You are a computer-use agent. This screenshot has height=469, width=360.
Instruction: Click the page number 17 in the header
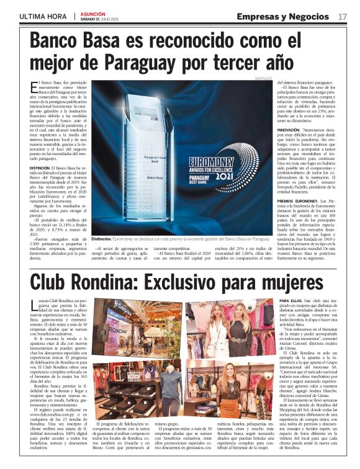pyautogui.click(x=342, y=16)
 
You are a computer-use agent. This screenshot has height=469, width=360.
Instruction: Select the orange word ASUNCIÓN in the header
pyautogui.click(x=92, y=12)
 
